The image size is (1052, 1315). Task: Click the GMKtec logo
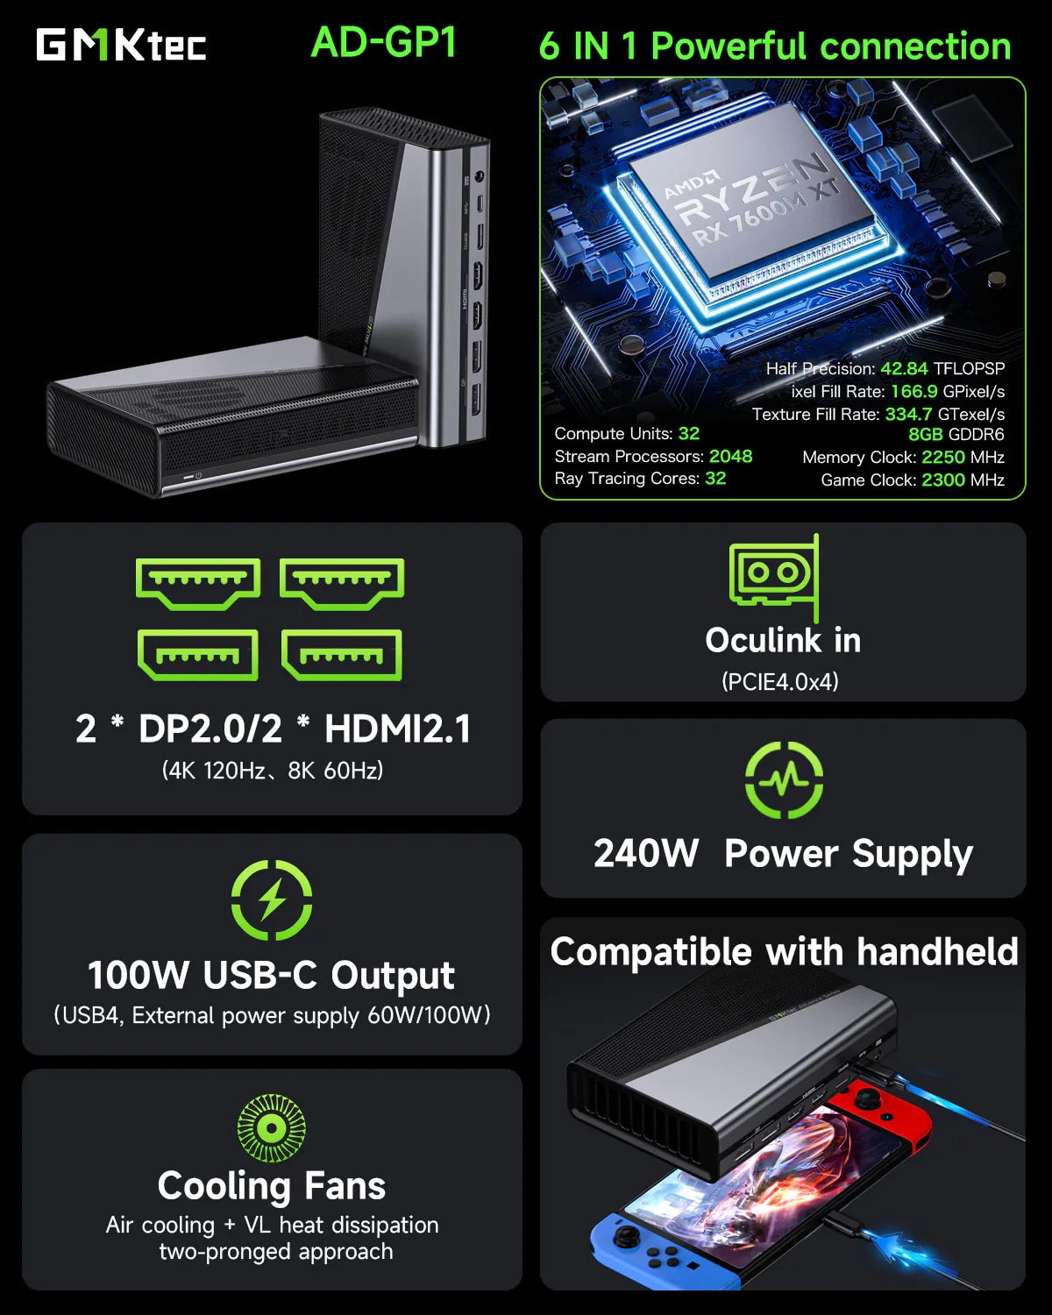(121, 45)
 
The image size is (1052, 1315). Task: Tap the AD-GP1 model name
(384, 42)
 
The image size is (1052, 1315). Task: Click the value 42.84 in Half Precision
(903, 368)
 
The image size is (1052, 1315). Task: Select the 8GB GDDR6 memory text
(956, 434)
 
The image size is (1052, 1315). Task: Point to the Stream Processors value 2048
(730, 456)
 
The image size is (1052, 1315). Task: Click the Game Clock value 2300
(942, 480)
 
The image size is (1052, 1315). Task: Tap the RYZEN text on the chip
(754, 188)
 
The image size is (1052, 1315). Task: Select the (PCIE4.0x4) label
(780, 681)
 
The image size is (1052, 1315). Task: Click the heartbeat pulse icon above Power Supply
(784, 779)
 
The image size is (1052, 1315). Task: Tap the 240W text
(646, 853)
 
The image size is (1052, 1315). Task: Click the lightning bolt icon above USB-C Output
(272, 900)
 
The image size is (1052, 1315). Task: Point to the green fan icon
(272, 1128)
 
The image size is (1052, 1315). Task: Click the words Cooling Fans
(272, 1185)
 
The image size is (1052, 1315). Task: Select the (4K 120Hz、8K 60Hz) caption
(273, 771)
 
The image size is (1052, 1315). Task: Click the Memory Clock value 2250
(942, 457)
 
